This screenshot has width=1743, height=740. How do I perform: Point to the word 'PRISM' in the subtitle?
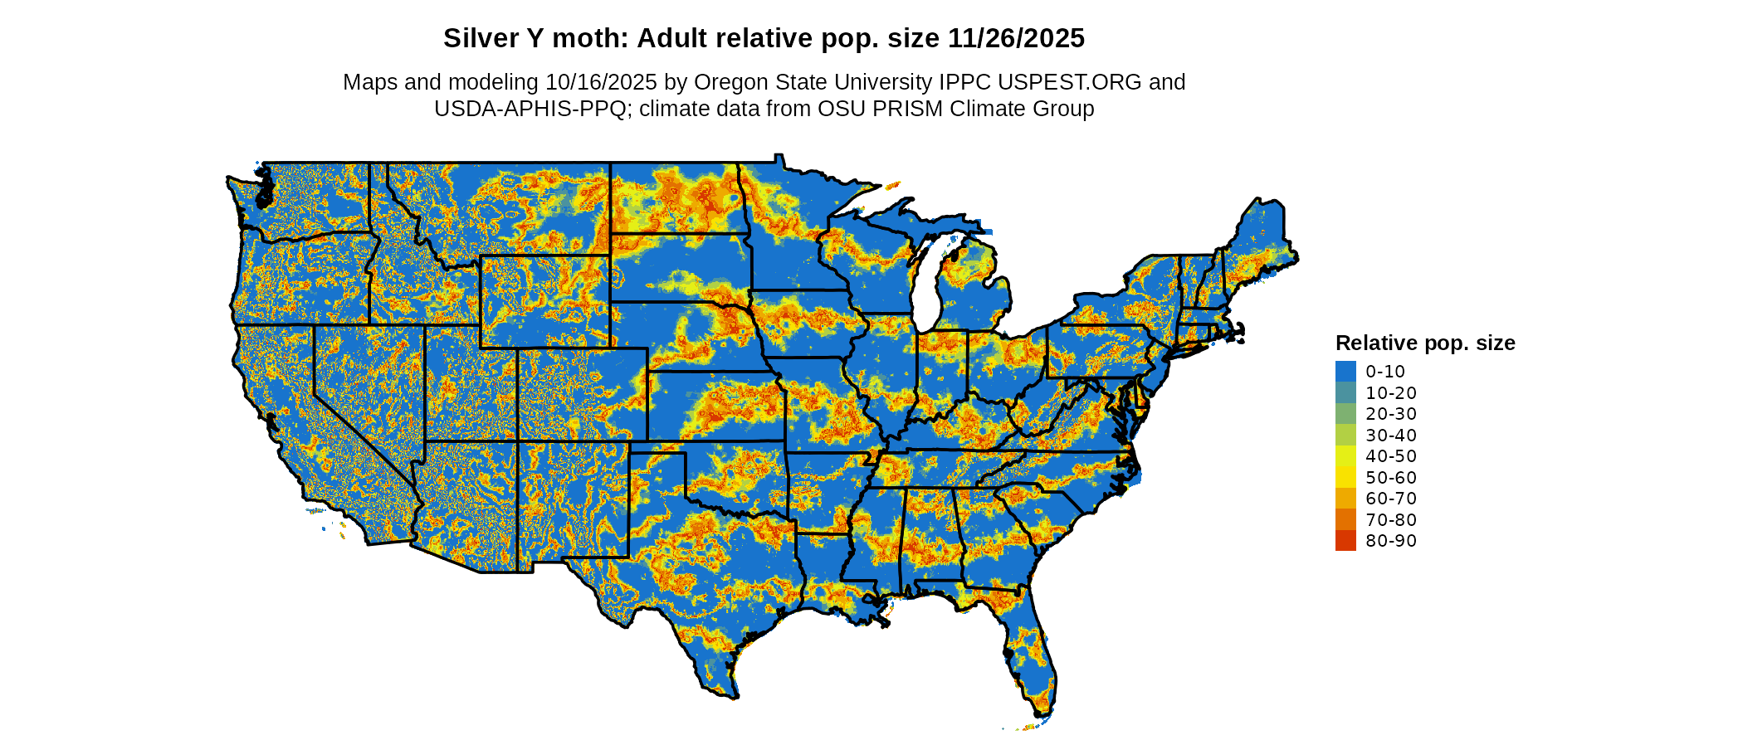912,109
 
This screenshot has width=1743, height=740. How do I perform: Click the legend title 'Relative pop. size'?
1424,343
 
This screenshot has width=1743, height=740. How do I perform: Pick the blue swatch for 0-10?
1345,371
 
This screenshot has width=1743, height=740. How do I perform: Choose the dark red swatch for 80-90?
1345,541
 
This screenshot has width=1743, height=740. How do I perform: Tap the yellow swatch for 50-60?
1345,477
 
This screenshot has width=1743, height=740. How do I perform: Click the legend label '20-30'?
1391,414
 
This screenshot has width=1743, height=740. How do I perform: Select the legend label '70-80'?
1391,520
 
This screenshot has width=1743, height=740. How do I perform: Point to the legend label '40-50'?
1391,456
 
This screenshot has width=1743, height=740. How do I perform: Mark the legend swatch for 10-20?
1345,392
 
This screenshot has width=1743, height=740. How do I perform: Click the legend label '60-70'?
1391,499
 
